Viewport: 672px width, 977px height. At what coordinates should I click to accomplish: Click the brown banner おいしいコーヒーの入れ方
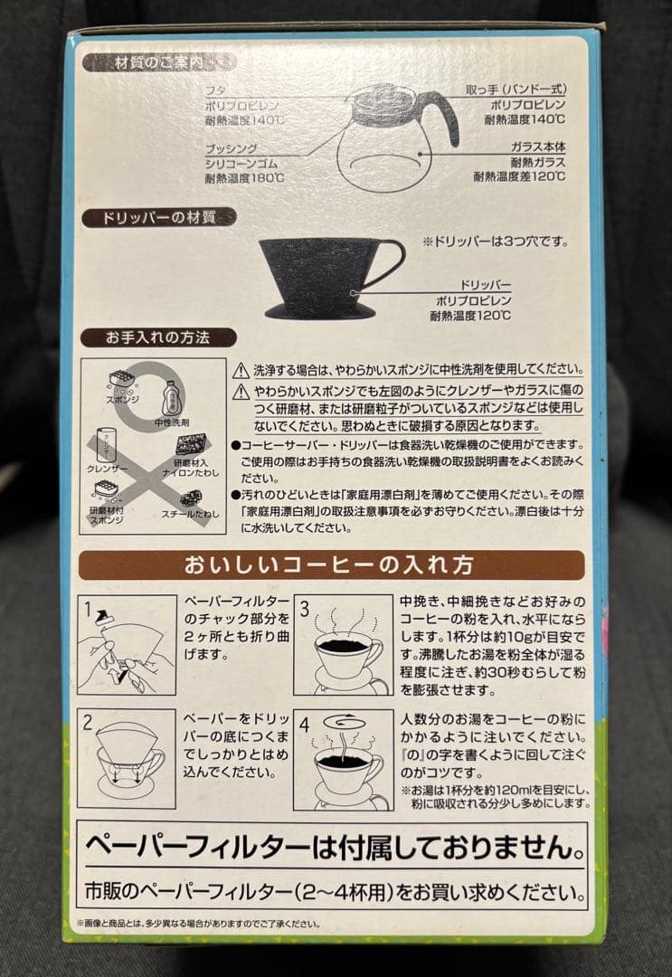pyautogui.click(x=330, y=565)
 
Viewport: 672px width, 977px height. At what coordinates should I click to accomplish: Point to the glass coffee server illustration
pyautogui.click(x=389, y=136)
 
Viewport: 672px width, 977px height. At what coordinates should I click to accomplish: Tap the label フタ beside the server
pyautogui.click(x=216, y=90)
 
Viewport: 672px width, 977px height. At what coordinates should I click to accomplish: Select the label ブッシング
pyautogui.click(x=232, y=147)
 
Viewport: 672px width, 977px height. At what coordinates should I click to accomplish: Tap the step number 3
pyautogui.click(x=304, y=609)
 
